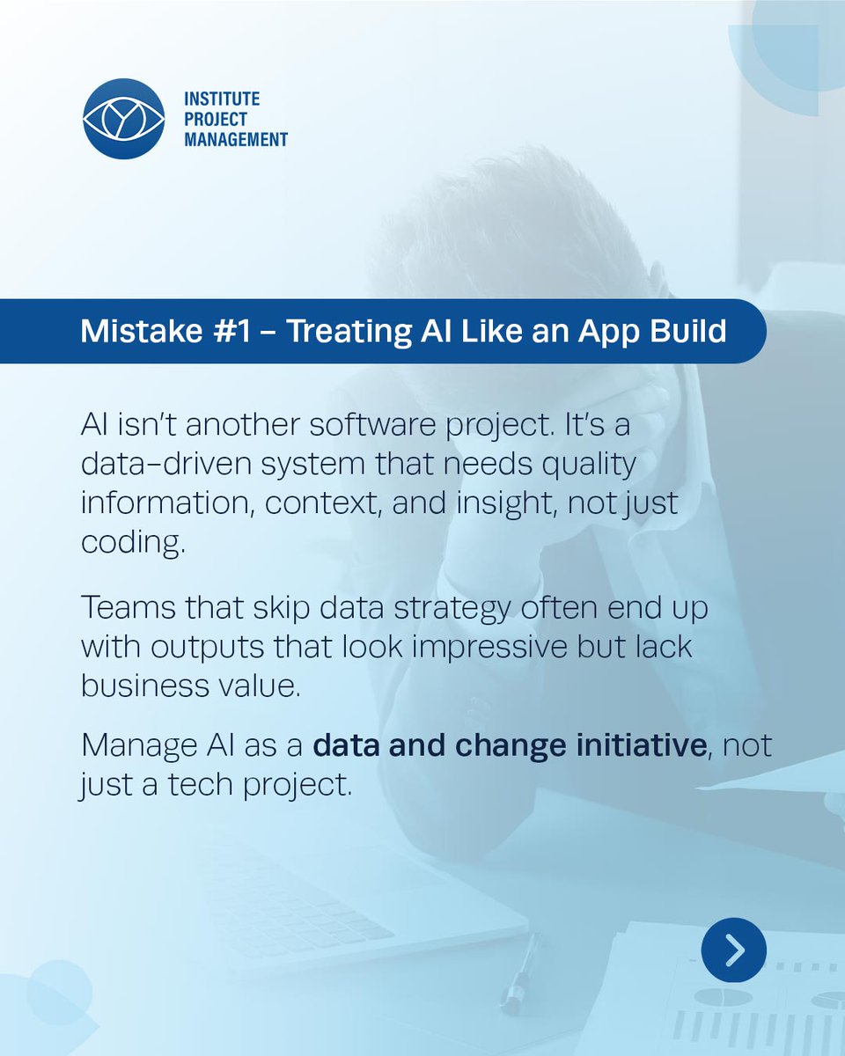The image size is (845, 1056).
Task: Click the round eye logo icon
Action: pyautogui.click(x=123, y=119)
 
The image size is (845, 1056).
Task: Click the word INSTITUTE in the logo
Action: pyautogui.click(x=222, y=99)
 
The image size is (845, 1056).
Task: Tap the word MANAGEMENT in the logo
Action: pyautogui.click(x=235, y=138)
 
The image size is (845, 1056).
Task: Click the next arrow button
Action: pyautogui.click(x=734, y=950)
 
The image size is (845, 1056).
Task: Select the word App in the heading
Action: pyautogui.click(x=612, y=331)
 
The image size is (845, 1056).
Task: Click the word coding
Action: pyautogui.click(x=133, y=542)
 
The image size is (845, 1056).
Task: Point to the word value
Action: pyautogui.click(x=254, y=686)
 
